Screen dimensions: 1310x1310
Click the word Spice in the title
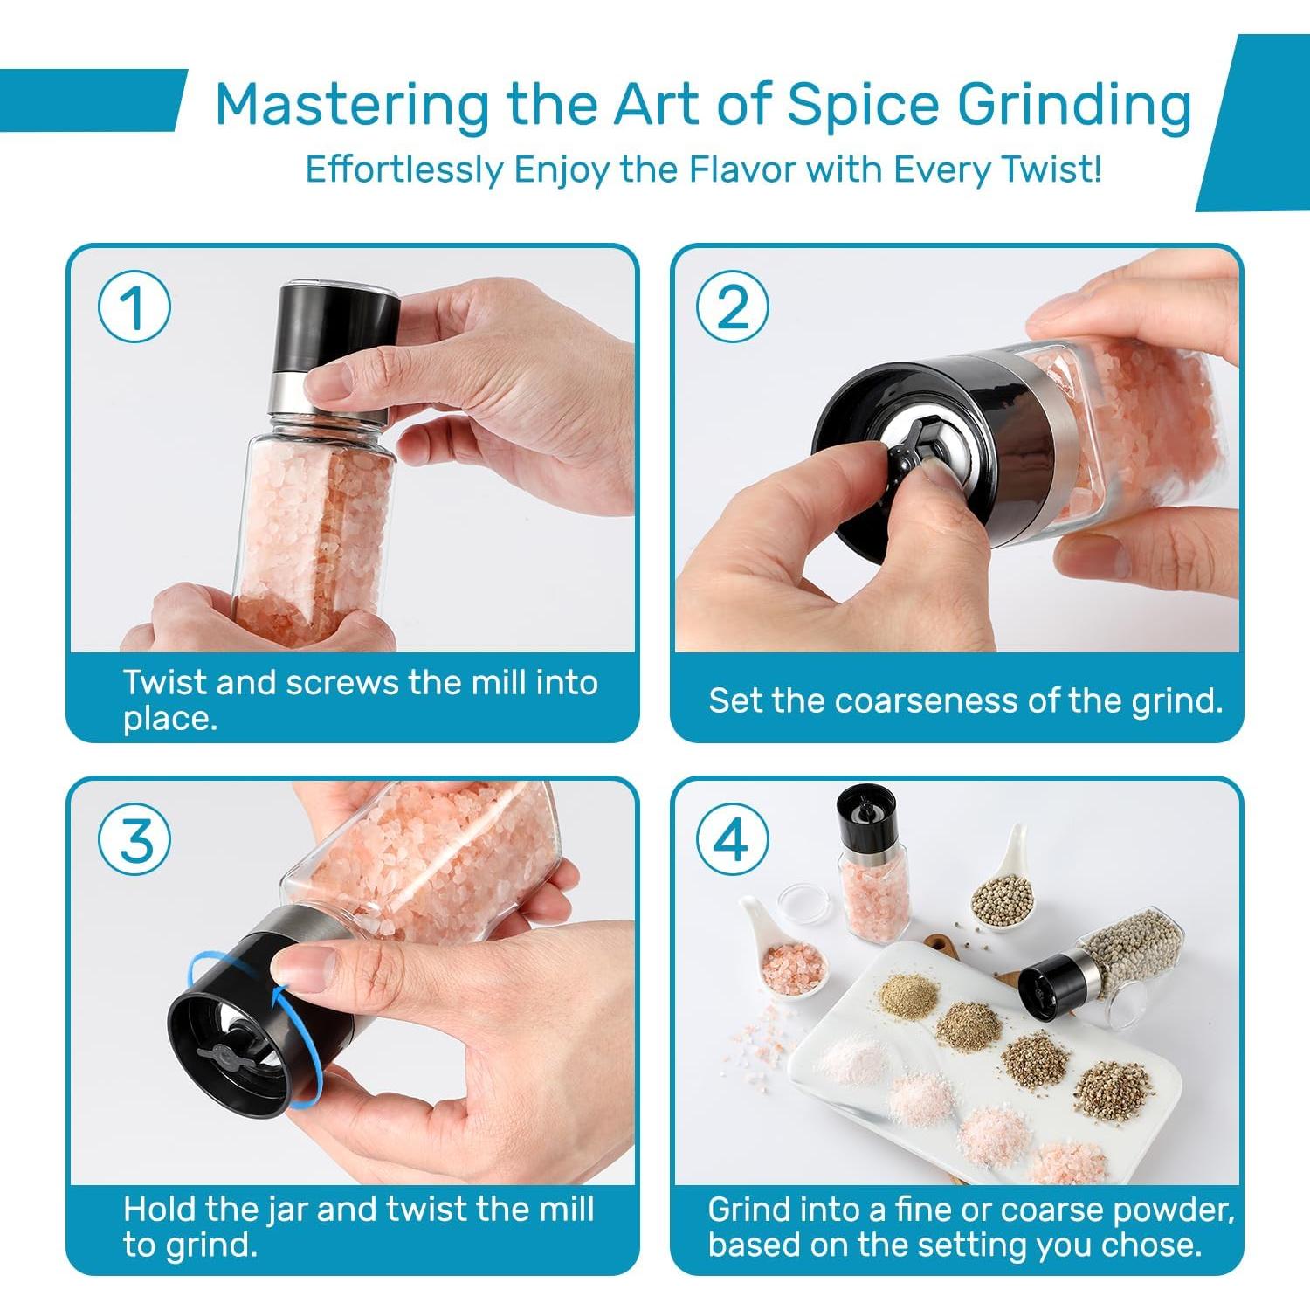click(860, 106)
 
